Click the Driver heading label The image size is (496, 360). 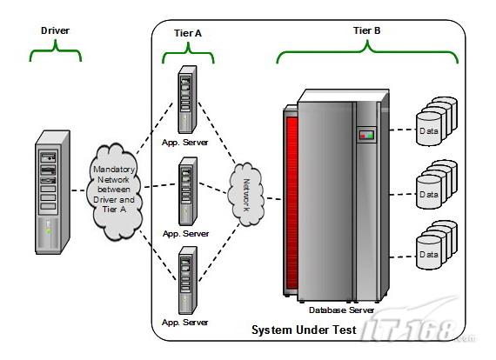tap(55, 30)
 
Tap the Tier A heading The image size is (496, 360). tap(188, 33)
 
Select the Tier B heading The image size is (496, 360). tap(367, 30)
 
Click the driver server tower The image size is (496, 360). tap(52, 192)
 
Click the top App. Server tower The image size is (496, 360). tap(187, 99)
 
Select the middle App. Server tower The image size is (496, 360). tap(188, 191)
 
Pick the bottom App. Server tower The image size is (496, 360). tap(188, 280)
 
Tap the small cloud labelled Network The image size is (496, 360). tap(247, 195)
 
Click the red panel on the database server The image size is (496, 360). tap(292, 203)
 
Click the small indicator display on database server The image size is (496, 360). tap(366, 135)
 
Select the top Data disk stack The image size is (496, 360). tap(437, 122)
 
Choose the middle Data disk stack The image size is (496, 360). tap(437, 184)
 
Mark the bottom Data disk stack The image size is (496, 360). tap(437, 245)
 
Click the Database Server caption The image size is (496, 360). tap(341, 310)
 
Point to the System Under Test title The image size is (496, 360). tap(304, 330)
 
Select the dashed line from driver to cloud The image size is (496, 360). tap(78, 190)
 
